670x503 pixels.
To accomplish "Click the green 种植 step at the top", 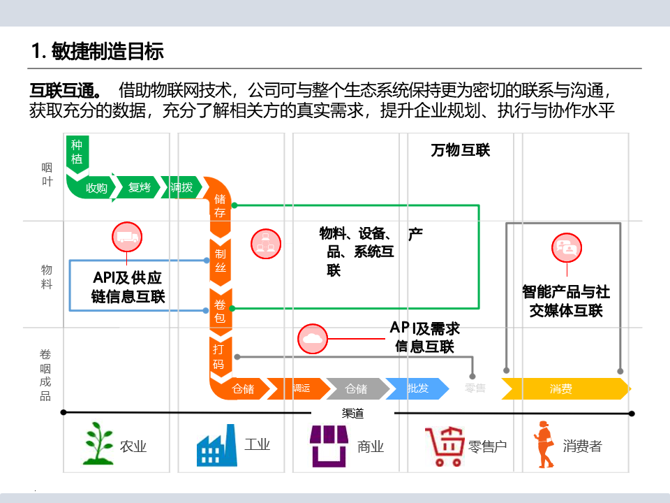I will coord(76,152).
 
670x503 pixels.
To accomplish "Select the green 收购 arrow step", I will coord(96,188).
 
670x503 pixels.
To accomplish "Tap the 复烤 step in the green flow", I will coord(140,188).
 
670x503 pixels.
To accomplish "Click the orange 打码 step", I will coord(219,356).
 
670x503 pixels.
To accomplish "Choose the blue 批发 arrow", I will coord(417,388).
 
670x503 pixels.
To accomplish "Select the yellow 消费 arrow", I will coord(562,388).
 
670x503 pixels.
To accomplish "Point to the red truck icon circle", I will coord(127,238).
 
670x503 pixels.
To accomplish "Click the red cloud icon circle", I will coord(313,339).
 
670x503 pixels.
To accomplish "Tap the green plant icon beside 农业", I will coord(98,442).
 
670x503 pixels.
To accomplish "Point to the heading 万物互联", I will coord(461,150).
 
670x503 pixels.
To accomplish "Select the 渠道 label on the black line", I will coord(353,413).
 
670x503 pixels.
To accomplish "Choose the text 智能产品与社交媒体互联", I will coord(566,301).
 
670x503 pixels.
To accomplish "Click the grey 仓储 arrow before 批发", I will coord(356,388).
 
